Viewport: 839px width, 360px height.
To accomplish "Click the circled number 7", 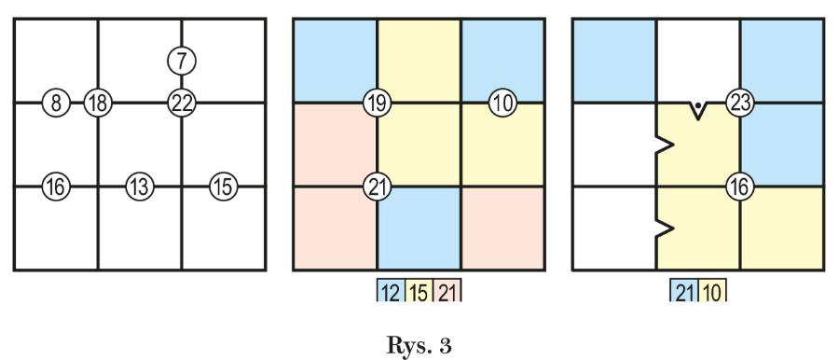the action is click(x=182, y=61).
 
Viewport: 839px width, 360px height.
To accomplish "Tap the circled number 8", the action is click(x=56, y=103).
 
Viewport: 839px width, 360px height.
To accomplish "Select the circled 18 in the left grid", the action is click(x=97, y=103).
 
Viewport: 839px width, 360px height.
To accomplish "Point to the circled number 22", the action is click(x=182, y=103).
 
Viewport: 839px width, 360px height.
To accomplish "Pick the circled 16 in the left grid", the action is click(x=56, y=187).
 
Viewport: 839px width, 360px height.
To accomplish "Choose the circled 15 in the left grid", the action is click(x=224, y=187).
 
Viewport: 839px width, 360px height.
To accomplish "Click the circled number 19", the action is click(x=378, y=103).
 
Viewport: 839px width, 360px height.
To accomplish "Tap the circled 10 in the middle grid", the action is click(x=503, y=103).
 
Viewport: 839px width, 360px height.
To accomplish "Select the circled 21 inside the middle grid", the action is click(x=378, y=187).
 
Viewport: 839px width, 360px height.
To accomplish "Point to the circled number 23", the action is click(x=740, y=103).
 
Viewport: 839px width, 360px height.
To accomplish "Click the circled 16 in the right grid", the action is click(x=740, y=187).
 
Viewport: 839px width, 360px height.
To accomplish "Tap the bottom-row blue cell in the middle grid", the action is click(x=419, y=228).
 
